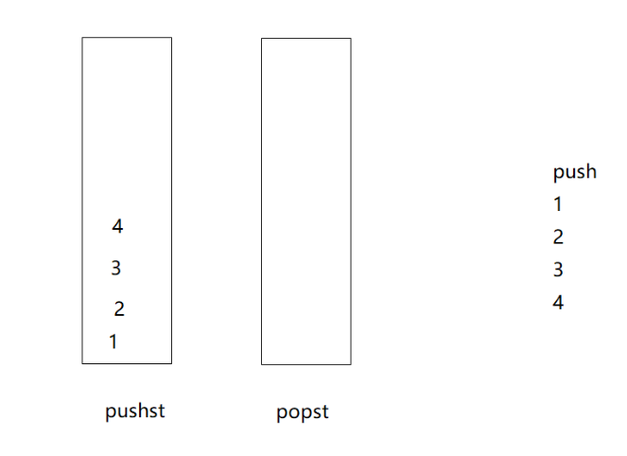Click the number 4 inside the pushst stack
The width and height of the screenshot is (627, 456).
click(117, 227)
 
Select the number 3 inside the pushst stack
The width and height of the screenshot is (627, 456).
click(115, 269)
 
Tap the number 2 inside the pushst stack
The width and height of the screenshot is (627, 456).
click(119, 309)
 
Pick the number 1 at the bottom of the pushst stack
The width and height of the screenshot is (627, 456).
click(113, 342)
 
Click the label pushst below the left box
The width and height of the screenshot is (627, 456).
click(135, 412)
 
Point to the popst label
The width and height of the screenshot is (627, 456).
click(303, 412)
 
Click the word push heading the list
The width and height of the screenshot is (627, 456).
click(574, 172)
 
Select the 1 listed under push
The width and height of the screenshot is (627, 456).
click(558, 203)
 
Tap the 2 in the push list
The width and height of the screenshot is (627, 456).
click(558, 237)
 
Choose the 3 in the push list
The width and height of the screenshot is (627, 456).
click(558, 270)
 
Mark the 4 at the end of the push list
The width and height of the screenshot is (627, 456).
click(558, 303)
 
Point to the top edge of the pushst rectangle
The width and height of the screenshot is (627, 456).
click(127, 38)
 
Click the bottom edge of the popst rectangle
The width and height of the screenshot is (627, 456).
click(305, 364)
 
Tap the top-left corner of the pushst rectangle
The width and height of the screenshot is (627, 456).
click(82, 38)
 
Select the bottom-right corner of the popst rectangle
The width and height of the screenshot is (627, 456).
click(351, 364)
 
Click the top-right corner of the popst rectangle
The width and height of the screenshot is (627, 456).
click(351, 39)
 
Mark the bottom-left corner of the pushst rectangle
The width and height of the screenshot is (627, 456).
click(82, 363)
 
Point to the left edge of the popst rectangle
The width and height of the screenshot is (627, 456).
click(262, 201)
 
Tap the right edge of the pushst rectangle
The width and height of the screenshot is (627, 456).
click(171, 201)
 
